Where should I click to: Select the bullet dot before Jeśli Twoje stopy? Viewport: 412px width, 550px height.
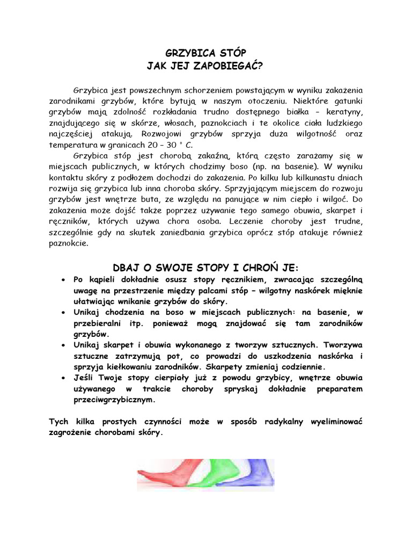click(x=63, y=378)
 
